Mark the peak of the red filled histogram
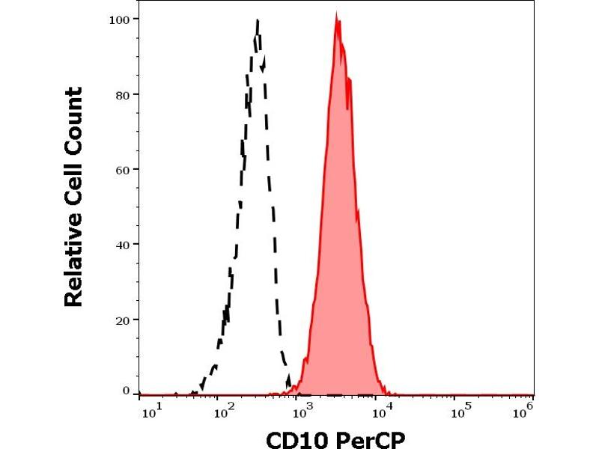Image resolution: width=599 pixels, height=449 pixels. coord(337,15)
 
